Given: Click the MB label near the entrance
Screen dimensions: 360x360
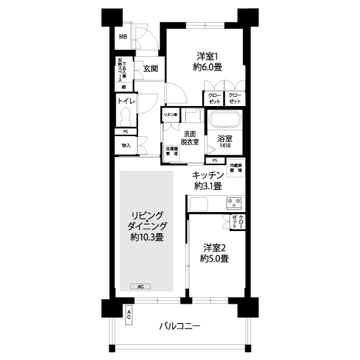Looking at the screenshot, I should coord(123,37).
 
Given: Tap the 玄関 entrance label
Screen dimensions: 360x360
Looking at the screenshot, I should coord(150,68).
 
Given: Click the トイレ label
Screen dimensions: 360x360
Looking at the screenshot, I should coord(126,101).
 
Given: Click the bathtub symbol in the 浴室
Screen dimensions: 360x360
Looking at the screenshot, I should coord(225,121).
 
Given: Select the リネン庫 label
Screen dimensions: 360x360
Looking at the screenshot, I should coord(170,115).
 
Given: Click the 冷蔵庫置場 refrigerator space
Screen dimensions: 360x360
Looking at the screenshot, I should coord(237,168).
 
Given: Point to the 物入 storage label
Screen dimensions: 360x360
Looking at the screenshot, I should coord(126,146).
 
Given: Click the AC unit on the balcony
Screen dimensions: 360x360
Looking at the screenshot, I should coord(129,315).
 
